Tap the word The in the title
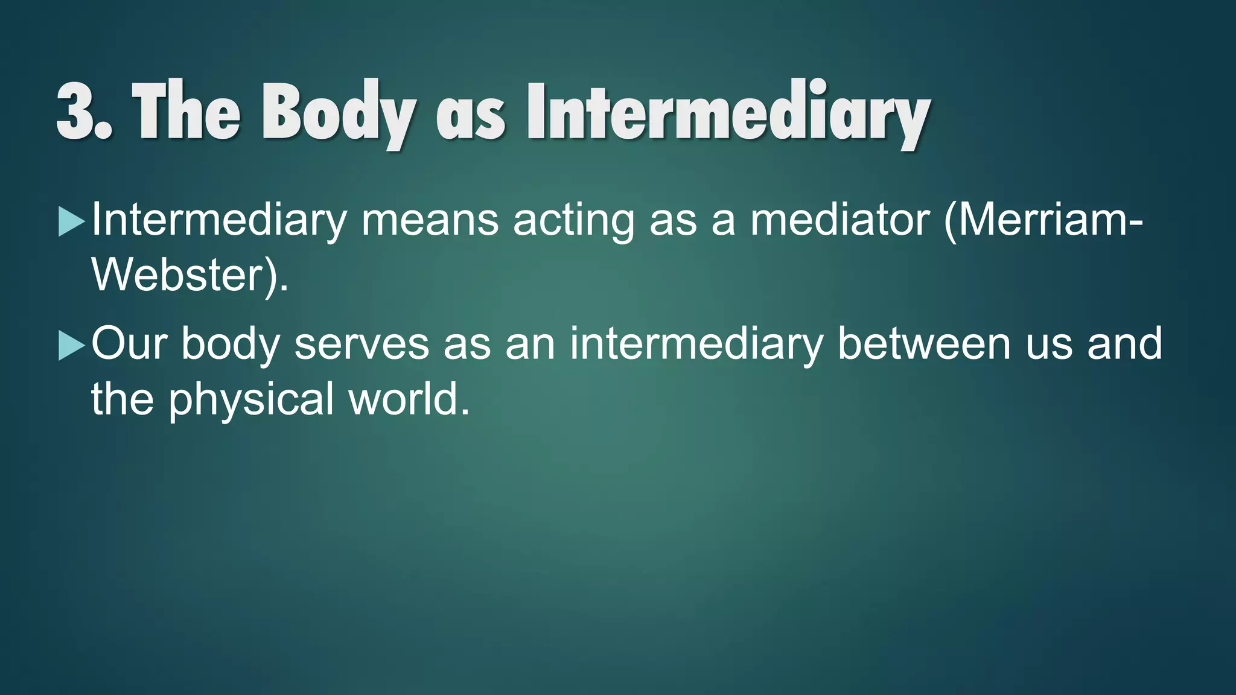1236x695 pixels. click(186, 112)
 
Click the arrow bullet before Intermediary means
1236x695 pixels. click(71, 222)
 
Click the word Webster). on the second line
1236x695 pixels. click(190, 276)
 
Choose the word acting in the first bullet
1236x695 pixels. click(574, 221)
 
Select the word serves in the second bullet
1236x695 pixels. click(362, 344)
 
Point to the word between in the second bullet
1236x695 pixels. click(924, 343)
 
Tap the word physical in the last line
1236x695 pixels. click(250, 400)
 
